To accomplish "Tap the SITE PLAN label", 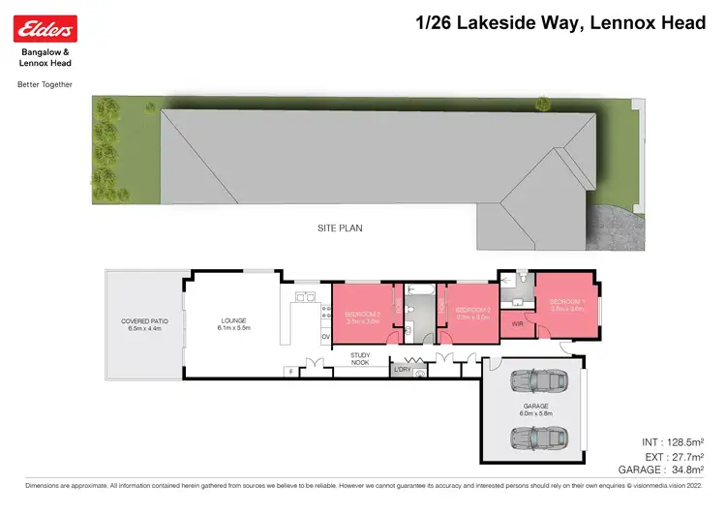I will click(340, 228).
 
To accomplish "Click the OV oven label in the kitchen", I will click(325, 337).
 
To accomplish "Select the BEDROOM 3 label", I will click(362, 315).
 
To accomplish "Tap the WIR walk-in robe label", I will click(519, 325).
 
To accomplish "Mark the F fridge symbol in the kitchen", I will click(288, 371).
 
